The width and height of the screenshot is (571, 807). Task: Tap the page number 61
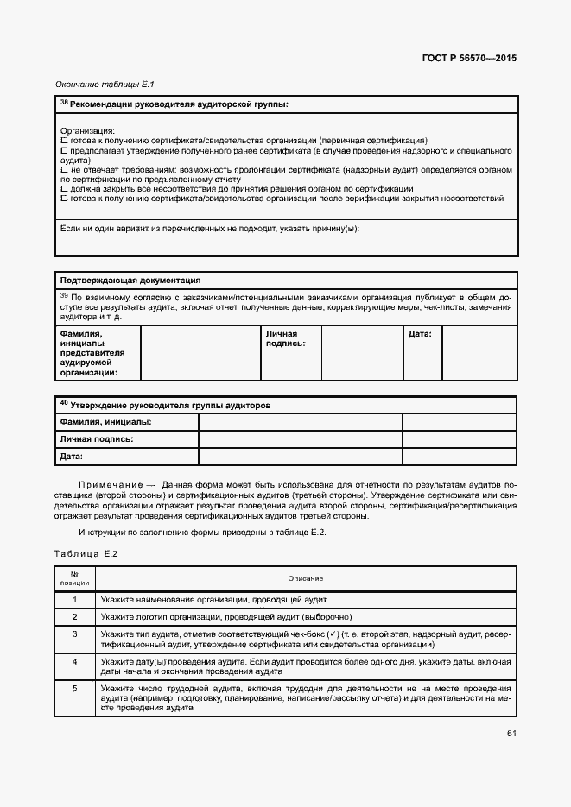(512, 734)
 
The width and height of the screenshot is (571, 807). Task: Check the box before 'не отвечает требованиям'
(63, 170)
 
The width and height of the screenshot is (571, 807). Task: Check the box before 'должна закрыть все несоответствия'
(63, 189)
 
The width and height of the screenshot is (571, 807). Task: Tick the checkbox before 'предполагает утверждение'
(63, 150)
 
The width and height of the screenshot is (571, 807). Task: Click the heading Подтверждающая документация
(130, 281)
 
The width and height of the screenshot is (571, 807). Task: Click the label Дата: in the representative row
(420, 333)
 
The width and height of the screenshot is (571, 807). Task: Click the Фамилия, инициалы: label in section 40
(105, 422)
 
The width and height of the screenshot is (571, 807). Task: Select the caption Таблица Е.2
(86, 553)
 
